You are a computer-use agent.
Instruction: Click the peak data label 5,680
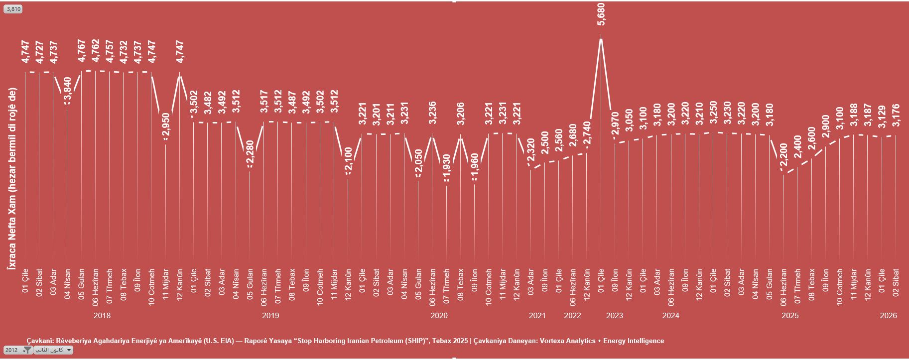601,13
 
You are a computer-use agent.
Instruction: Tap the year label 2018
102,316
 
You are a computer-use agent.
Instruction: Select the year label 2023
614,316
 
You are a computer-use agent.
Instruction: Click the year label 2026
888,316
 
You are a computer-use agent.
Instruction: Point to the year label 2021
537,316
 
